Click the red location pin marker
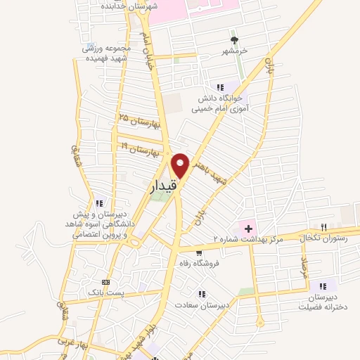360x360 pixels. point(180,165)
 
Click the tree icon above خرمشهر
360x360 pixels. point(235,39)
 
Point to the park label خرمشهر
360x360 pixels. point(236,51)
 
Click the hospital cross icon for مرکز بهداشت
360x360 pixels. point(247,228)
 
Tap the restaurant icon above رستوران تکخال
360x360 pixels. point(324,227)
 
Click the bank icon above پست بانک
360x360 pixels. point(106,279)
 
